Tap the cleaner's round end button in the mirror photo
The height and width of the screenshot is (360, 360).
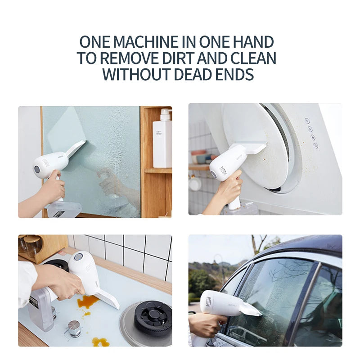[37, 169]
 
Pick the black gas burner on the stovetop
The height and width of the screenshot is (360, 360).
[153, 317]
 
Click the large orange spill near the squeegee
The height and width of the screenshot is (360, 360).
[87, 302]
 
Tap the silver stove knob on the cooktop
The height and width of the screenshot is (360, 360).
[74, 328]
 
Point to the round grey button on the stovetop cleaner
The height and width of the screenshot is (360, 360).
[78, 257]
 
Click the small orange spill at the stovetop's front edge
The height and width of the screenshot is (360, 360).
[100, 342]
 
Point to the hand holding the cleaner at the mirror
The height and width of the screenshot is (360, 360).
[52, 189]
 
